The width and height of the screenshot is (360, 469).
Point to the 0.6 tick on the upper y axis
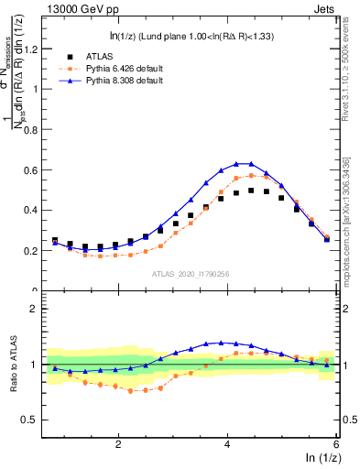pos(35,169)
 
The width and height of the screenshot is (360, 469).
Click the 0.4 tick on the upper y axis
pos(35,210)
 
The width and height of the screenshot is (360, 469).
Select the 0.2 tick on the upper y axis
pos(35,250)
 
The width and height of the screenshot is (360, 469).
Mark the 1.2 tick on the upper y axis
pos(35,49)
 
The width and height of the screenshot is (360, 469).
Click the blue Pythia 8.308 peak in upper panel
pos(244,163)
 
